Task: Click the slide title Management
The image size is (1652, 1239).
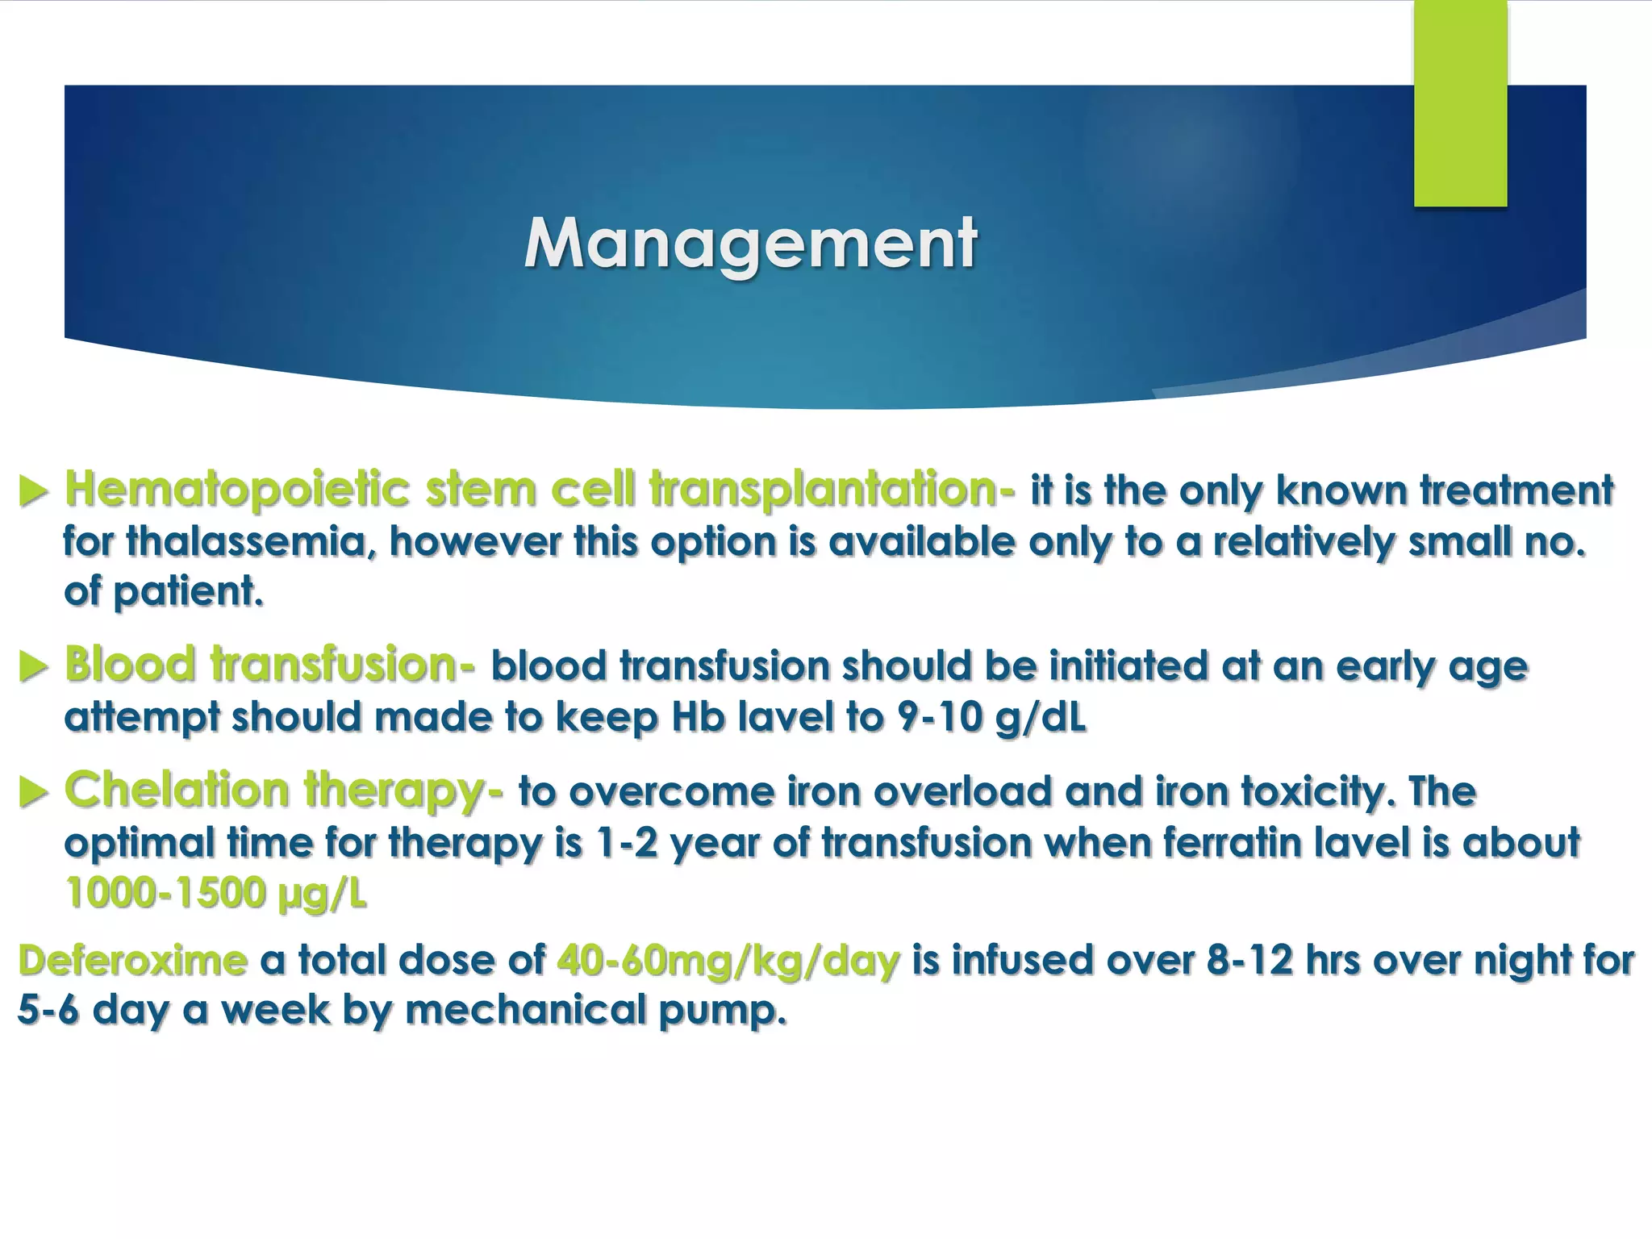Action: point(750,244)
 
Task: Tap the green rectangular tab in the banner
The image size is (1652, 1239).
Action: point(1460,103)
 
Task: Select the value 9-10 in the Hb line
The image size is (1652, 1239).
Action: point(938,717)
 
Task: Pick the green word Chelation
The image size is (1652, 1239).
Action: point(177,790)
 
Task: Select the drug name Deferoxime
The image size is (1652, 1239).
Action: point(132,961)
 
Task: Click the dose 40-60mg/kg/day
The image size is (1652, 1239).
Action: point(728,961)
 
